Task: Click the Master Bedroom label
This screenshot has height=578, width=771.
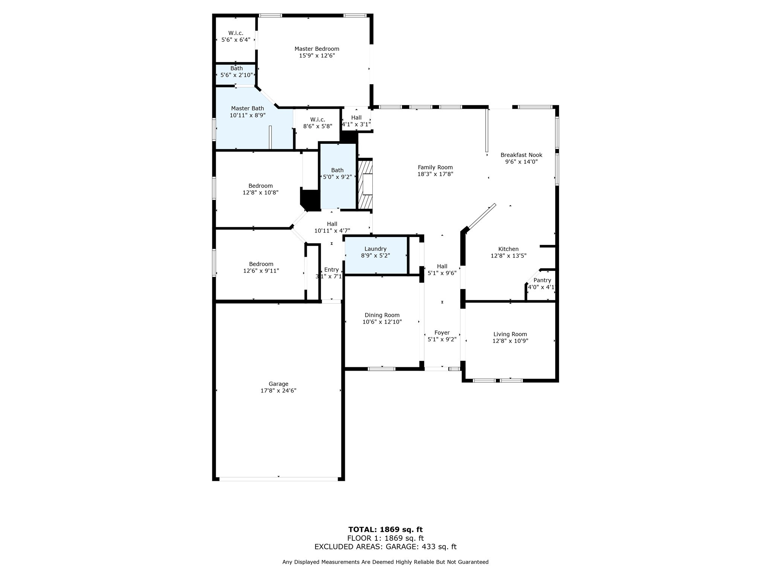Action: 317,49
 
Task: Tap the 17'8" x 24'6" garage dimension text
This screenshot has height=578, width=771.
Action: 278,391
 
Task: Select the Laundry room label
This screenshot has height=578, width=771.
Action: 375,249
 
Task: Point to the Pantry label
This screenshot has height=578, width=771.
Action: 542,280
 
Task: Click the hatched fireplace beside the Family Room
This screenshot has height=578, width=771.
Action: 365,184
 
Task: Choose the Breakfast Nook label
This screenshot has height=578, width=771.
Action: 521,155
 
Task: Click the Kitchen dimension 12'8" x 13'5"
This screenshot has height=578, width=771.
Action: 508,256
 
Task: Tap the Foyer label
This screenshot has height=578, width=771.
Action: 442,333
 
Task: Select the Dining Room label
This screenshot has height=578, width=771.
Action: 382,315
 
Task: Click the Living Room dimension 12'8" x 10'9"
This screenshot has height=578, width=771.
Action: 510,341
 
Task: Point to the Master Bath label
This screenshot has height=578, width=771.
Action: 247,108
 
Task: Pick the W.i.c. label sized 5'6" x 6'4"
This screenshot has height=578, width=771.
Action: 236,33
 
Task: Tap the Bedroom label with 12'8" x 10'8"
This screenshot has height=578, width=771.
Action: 261,186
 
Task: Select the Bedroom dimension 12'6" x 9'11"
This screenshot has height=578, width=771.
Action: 261,271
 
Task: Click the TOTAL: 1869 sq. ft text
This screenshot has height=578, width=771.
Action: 385,530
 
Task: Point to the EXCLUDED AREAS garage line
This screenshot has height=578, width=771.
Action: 385,547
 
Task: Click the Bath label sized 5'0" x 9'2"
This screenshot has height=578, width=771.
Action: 337,170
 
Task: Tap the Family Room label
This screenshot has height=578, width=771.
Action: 435,167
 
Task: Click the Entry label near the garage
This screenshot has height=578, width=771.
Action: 331,269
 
